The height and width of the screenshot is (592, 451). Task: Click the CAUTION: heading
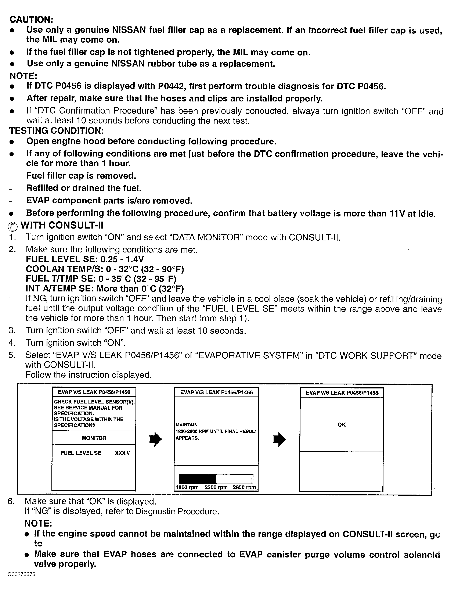[x=31, y=20]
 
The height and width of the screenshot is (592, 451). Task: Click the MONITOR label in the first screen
[x=94, y=438]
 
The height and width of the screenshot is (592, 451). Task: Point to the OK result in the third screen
[x=342, y=425]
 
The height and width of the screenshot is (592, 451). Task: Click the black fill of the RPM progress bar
[x=198, y=479]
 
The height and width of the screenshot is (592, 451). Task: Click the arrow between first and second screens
[x=155, y=439]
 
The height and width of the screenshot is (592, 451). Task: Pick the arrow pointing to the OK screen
[x=279, y=439]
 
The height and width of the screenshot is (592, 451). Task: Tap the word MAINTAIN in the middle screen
[x=187, y=425]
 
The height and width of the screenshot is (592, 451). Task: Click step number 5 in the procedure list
[x=12, y=355]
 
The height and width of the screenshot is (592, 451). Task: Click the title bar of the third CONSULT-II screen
[x=342, y=393]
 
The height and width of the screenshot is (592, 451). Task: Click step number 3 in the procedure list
[x=12, y=330]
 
